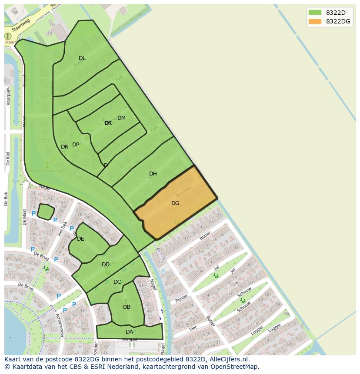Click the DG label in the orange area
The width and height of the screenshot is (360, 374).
[x=175, y=203]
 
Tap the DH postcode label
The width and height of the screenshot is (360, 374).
[x=153, y=174]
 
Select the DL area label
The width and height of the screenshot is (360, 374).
[x=82, y=58]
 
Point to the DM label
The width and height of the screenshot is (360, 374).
[x=121, y=118]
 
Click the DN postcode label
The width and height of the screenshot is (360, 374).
[x=65, y=147]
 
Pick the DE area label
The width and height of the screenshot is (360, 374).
[x=80, y=239]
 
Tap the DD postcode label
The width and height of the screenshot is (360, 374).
[x=106, y=265]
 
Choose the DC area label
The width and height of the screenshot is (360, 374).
[x=117, y=282]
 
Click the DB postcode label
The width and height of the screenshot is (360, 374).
[x=127, y=307]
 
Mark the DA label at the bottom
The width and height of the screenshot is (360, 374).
[x=129, y=332]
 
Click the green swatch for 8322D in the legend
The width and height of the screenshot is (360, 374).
[x=315, y=13]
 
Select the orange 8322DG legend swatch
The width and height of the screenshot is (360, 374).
[x=315, y=21]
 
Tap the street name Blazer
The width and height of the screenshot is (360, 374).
[x=205, y=236]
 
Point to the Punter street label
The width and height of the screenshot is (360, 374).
[x=182, y=299]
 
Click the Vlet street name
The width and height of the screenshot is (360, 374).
[x=193, y=328]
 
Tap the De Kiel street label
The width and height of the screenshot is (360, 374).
[x=8, y=159]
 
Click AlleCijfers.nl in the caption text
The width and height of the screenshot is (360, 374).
[x=228, y=359]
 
